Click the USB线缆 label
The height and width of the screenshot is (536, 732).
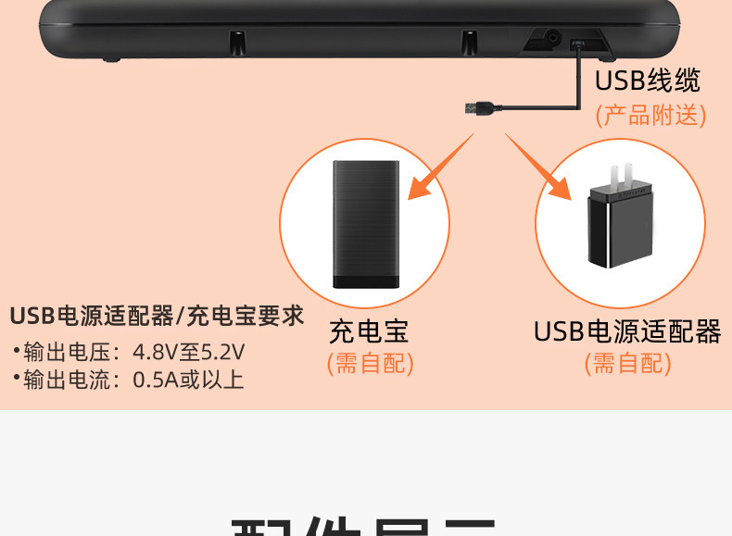coord(647,81)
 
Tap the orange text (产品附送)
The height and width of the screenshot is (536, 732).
coord(650,115)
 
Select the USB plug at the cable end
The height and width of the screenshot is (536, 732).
coord(479,109)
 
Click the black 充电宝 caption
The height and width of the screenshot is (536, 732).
coord(369,331)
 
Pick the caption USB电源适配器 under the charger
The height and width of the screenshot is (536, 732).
coord(626,331)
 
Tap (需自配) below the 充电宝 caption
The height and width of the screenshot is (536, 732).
coord(370,364)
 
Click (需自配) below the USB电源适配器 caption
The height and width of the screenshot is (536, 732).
coord(626,364)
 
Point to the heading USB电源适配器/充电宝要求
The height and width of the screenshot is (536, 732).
coord(157,316)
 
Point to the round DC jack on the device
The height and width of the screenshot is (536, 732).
coord(553,39)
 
